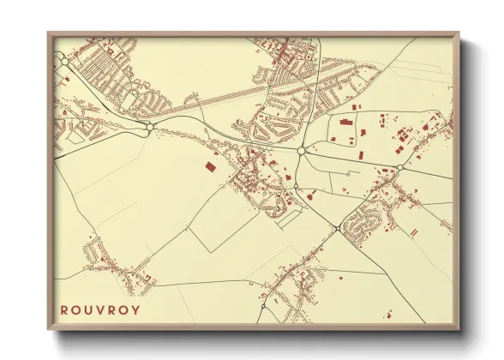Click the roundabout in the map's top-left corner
point(64,61)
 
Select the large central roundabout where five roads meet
point(302,151)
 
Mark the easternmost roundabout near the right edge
point(399,166)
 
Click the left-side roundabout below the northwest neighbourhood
point(150,128)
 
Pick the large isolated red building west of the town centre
point(211,165)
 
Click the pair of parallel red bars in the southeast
point(414,231)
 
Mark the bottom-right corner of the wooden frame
point(459,329)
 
